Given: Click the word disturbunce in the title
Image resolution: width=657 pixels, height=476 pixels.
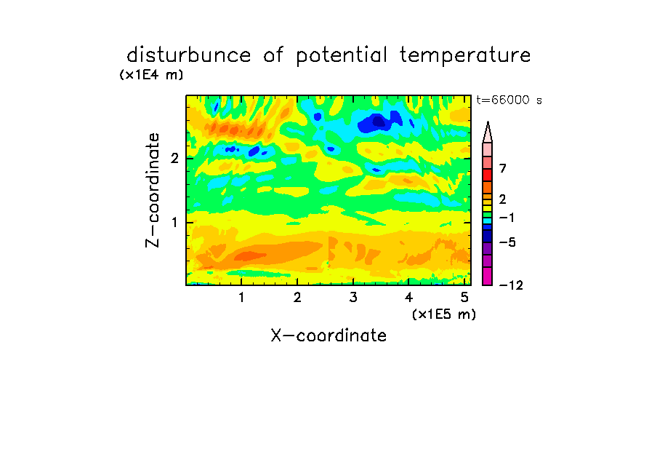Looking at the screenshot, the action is (189, 55).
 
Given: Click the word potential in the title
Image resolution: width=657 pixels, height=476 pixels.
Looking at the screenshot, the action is (342, 56).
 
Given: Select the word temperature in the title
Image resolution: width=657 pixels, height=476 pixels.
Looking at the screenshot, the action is (465, 56).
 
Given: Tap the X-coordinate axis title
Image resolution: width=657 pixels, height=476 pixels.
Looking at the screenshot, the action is (328, 336).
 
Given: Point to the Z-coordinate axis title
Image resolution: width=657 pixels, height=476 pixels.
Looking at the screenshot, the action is (152, 190).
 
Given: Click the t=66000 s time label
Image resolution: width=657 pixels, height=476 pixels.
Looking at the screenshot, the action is (509, 100).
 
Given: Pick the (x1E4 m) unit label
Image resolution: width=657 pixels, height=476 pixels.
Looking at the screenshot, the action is (151, 75).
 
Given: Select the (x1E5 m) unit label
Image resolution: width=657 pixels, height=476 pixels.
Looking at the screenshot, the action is (444, 314).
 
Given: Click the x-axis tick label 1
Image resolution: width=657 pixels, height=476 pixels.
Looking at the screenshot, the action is (241, 297).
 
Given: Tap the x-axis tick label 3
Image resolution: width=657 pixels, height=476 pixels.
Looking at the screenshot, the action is (353, 297).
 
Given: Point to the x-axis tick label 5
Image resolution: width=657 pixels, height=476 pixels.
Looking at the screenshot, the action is (464, 297).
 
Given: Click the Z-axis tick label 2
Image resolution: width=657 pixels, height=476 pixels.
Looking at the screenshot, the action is (174, 158).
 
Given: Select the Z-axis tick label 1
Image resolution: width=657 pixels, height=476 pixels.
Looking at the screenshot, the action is (174, 222).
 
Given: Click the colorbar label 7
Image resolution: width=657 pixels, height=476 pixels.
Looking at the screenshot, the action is (503, 168).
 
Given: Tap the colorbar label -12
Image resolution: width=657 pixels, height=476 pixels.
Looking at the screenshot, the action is (511, 285).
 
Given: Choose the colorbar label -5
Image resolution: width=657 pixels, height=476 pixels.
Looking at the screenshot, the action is (507, 242).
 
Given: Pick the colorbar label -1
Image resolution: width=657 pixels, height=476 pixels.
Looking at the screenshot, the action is (507, 218).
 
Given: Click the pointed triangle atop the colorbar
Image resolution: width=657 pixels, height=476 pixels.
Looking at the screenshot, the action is (488, 132).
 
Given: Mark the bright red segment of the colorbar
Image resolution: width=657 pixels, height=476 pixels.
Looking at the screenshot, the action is (488, 175).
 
